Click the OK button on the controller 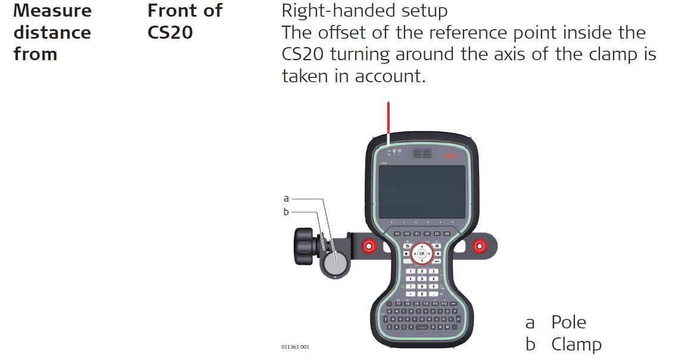[x=422, y=253]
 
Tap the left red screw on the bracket [x=369, y=245]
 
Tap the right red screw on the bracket [x=477, y=245]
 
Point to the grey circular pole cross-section [x=335, y=262]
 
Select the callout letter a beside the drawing [x=286, y=198]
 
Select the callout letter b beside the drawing [x=286, y=212]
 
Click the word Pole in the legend [x=568, y=322]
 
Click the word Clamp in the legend [x=576, y=345]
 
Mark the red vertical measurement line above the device [x=388, y=122]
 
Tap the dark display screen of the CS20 [x=422, y=191]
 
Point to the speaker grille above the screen [x=422, y=153]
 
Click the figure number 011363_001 [x=296, y=347]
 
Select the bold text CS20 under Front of [x=170, y=32]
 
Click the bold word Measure [x=52, y=11]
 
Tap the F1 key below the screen [x=397, y=234]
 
